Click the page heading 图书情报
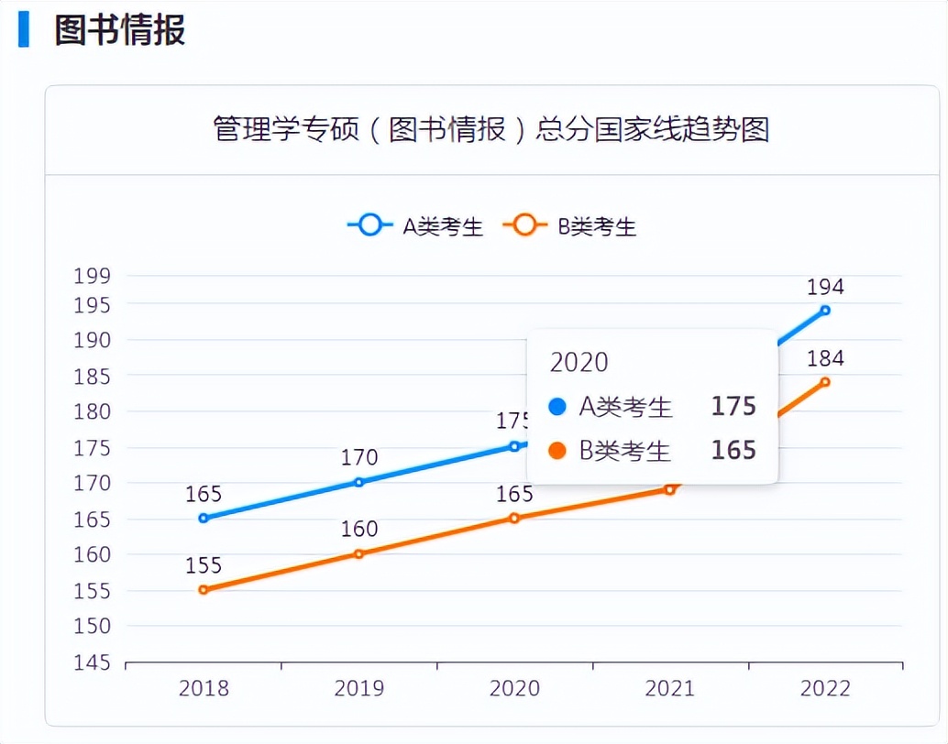[x=119, y=29]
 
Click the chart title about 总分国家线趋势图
[x=491, y=129]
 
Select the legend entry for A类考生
[x=415, y=225]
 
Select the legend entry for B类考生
[x=569, y=225]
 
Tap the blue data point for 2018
[x=204, y=519]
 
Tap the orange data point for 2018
[x=204, y=590]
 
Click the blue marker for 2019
[x=358, y=482]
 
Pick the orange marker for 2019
[x=358, y=553]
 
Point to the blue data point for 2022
[x=825, y=311]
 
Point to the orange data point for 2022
[x=825, y=382]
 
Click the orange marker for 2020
[x=514, y=519]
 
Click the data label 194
[x=825, y=287]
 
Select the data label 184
[x=825, y=358]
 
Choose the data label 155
[x=204, y=565]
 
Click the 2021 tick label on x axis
[x=669, y=688]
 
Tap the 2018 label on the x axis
[x=204, y=688]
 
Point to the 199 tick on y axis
[x=92, y=276]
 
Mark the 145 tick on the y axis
[x=92, y=662]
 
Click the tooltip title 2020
[x=579, y=362]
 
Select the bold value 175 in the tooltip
[x=733, y=406]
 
